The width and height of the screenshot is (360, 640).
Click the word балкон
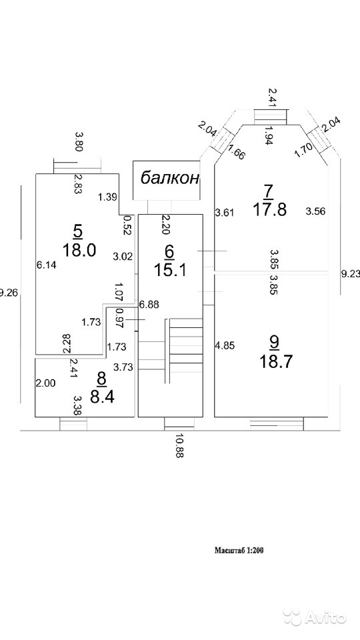click(x=170, y=178)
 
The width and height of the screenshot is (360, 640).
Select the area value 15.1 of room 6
click(x=170, y=269)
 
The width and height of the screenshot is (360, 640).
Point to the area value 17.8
click(x=270, y=209)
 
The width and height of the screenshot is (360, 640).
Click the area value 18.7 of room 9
click(x=275, y=361)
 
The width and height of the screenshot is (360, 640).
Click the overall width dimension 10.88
click(x=179, y=446)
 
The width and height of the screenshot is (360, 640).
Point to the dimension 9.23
click(x=351, y=274)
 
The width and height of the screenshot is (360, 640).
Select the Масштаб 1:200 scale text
click(x=239, y=550)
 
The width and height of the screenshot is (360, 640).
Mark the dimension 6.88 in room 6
click(x=149, y=304)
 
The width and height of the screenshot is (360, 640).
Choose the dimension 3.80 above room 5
click(x=79, y=141)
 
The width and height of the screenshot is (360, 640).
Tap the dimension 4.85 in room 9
click(x=224, y=346)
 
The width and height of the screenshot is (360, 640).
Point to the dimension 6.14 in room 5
click(x=46, y=265)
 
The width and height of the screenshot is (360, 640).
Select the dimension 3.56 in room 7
click(x=316, y=211)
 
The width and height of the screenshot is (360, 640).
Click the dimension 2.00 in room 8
click(x=45, y=383)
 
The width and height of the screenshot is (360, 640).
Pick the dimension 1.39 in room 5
click(x=108, y=197)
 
